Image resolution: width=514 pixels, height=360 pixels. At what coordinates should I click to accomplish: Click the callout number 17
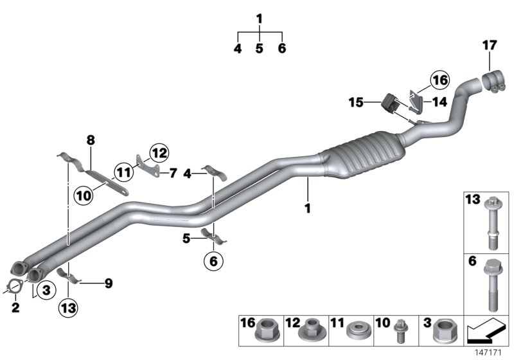tap(490, 46)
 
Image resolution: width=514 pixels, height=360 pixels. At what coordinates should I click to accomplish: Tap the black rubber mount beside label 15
tap(389, 103)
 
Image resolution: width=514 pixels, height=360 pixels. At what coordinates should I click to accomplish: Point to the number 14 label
tap(439, 101)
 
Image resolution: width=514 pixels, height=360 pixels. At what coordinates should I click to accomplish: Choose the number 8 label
tap(91, 139)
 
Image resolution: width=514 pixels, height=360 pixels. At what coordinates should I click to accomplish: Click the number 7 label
tap(172, 172)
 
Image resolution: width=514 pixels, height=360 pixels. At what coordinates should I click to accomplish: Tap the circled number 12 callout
tap(159, 153)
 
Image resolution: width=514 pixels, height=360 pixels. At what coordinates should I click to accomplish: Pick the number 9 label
tap(108, 282)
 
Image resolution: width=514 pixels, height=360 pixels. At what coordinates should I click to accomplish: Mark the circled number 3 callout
tap(46, 291)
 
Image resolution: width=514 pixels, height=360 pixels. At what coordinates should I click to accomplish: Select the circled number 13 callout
tap(69, 308)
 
